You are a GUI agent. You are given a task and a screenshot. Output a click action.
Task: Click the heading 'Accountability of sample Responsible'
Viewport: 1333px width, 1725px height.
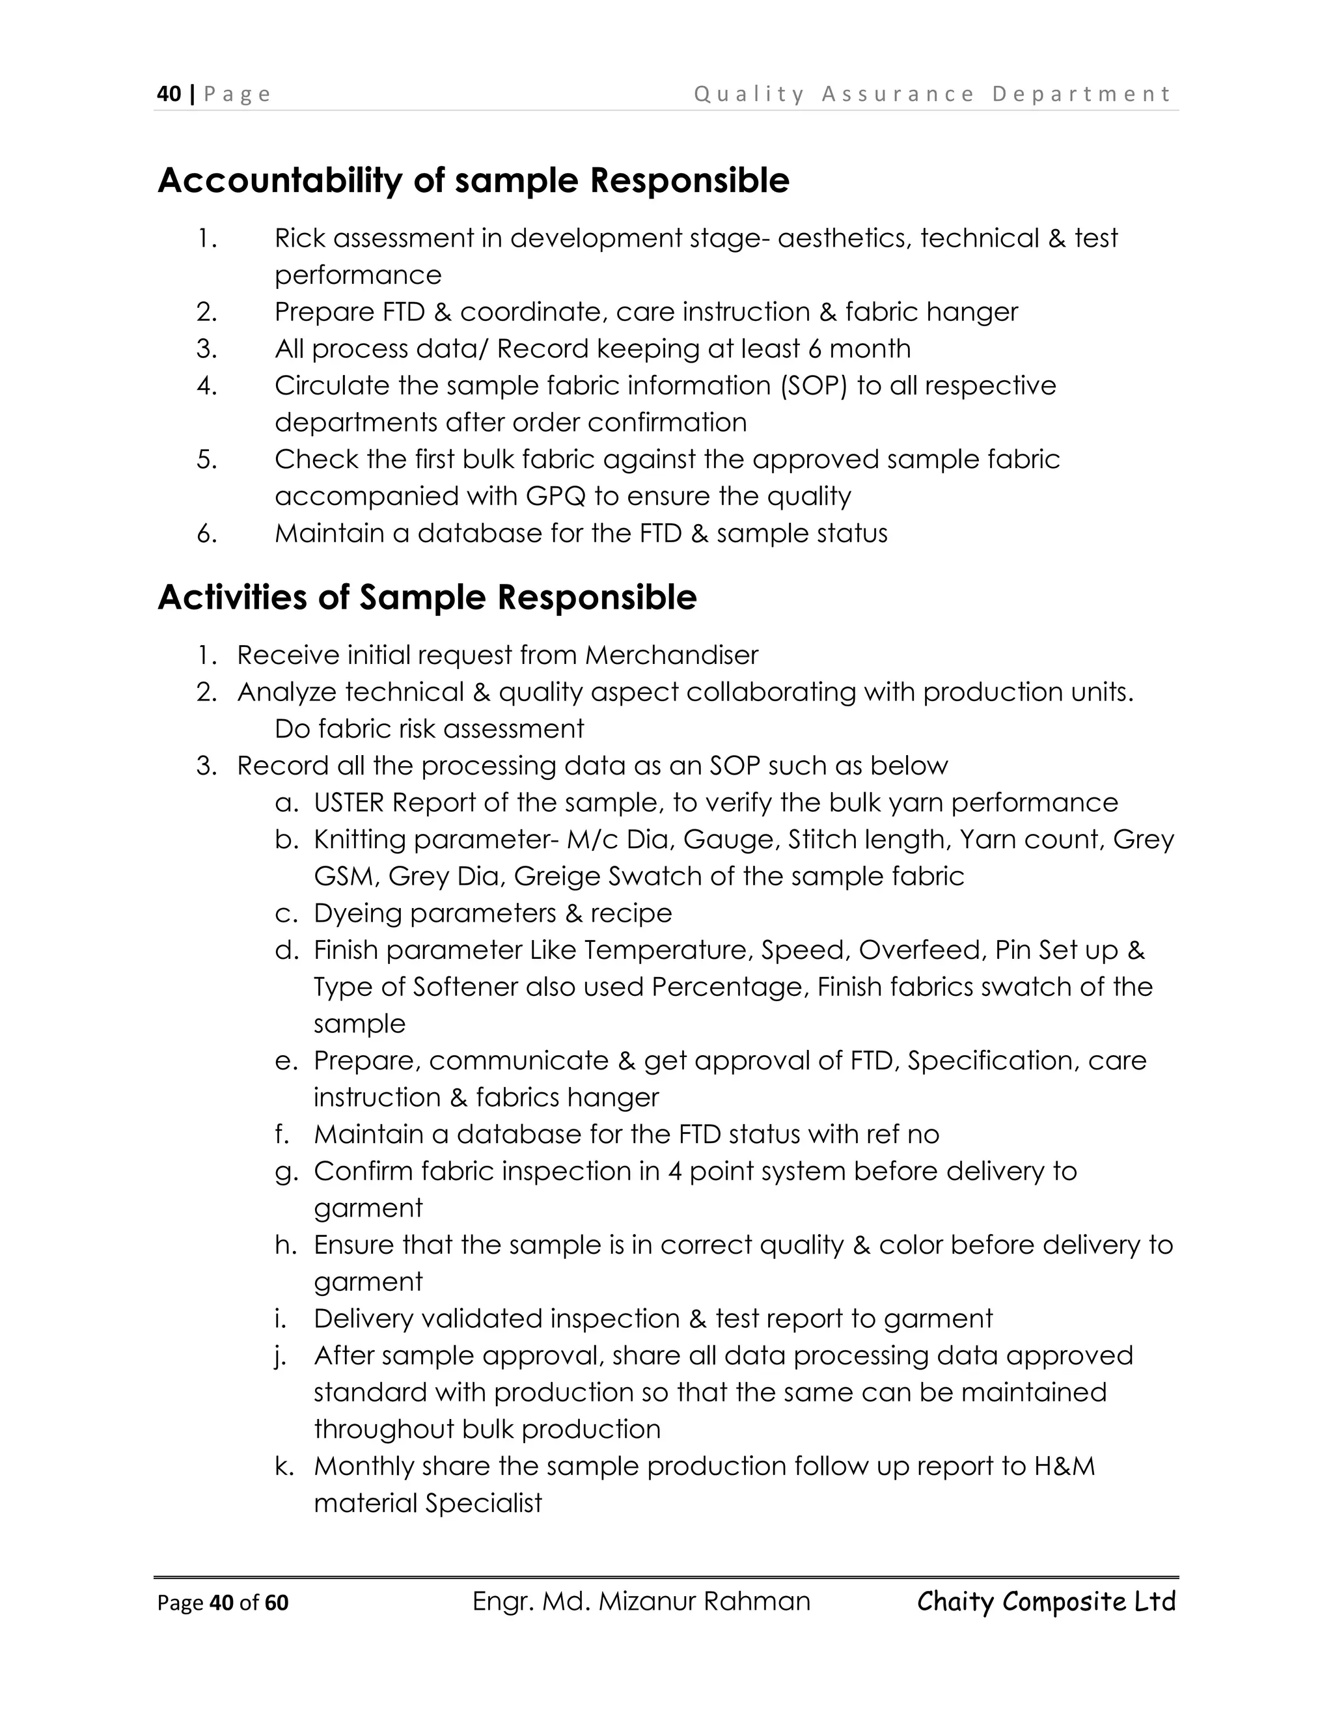[473, 181]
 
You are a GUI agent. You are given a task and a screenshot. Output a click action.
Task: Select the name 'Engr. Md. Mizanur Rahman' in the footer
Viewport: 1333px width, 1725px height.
[640, 1601]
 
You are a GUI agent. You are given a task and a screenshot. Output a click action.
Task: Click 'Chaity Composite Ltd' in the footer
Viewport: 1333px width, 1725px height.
[1047, 1601]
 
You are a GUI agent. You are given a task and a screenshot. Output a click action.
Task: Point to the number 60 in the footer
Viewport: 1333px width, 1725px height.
[277, 1603]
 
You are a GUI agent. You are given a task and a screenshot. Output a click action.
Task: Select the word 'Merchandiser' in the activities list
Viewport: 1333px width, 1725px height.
[671, 655]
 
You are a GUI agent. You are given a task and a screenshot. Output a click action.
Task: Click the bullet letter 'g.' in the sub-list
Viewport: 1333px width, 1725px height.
[286, 1172]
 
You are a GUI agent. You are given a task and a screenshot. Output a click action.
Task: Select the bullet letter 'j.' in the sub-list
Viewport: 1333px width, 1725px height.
[281, 1356]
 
